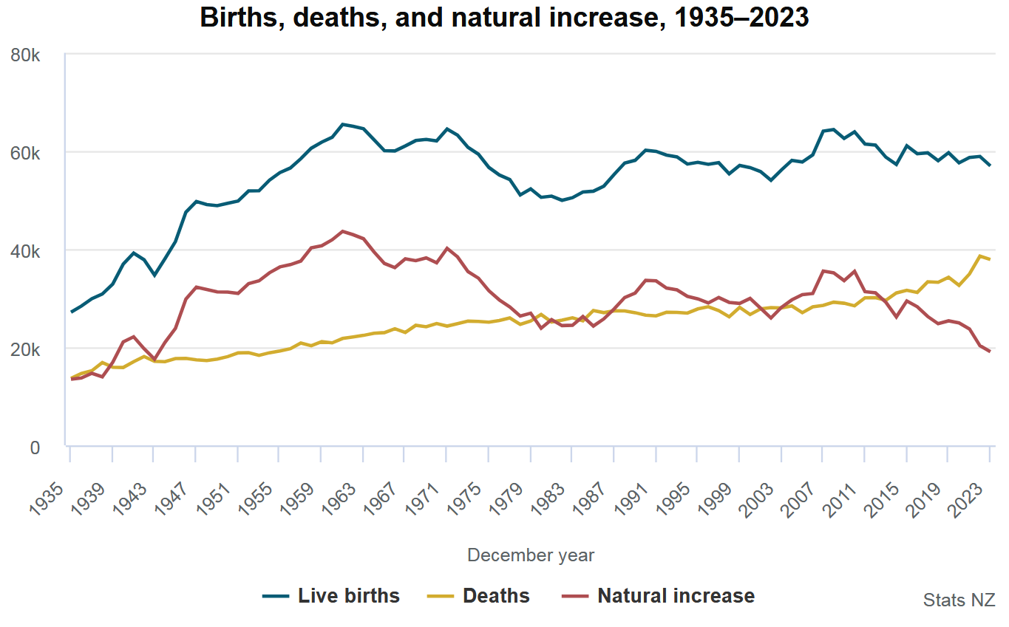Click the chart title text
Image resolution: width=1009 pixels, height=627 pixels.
[504, 18]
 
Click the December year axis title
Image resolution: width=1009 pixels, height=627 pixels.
[531, 555]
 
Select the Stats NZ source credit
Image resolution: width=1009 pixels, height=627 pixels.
[959, 600]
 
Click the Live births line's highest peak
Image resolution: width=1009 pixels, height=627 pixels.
[342, 124]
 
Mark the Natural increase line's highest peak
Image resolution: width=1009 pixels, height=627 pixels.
[342, 231]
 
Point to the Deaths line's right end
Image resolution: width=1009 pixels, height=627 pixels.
[990, 259]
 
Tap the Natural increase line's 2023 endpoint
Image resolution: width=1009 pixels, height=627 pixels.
[990, 352]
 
